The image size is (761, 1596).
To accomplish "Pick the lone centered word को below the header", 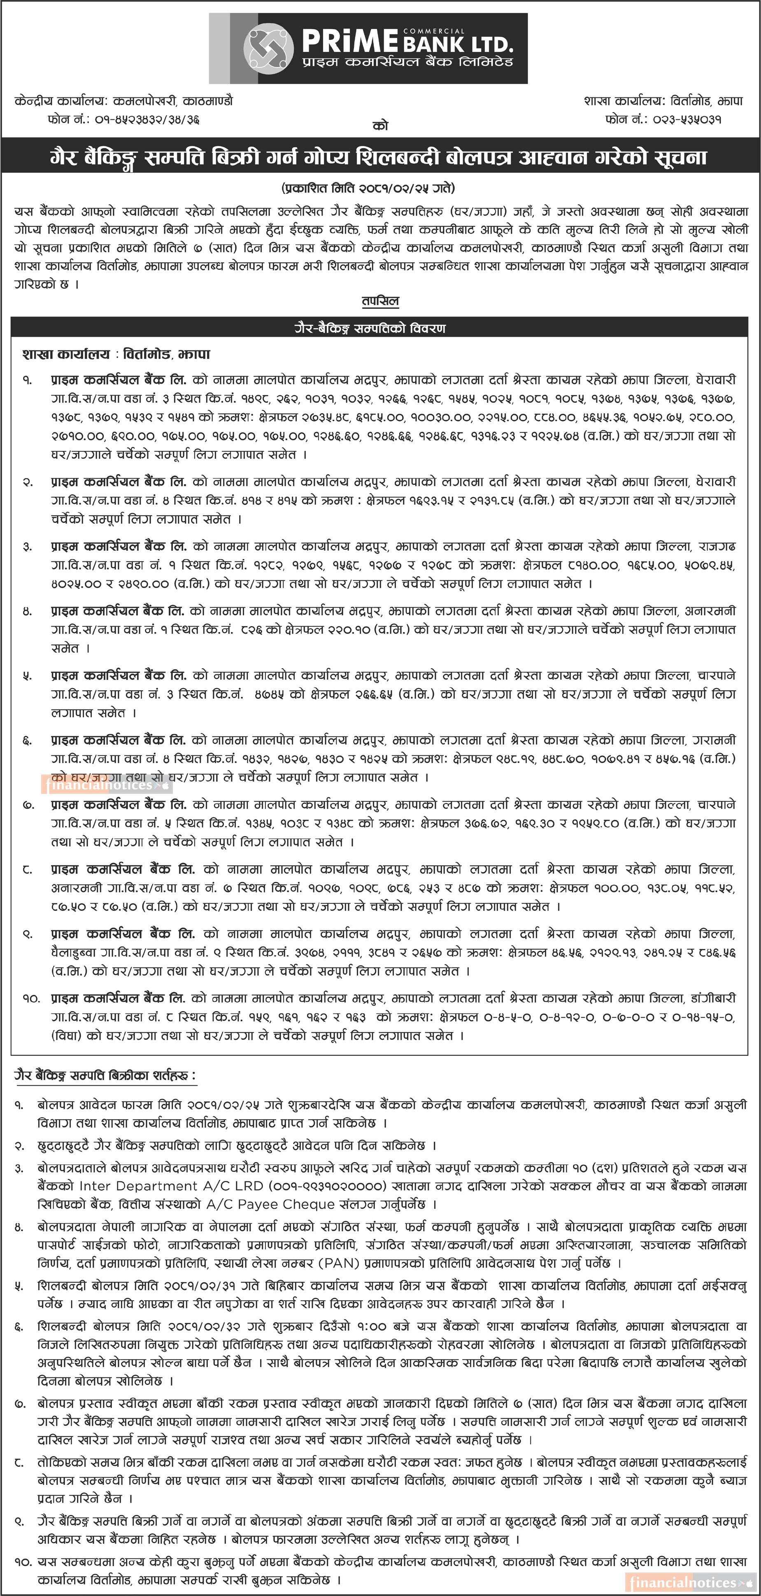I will (x=380, y=126).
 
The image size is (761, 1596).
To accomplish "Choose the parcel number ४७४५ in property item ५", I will (x=269, y=694).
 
